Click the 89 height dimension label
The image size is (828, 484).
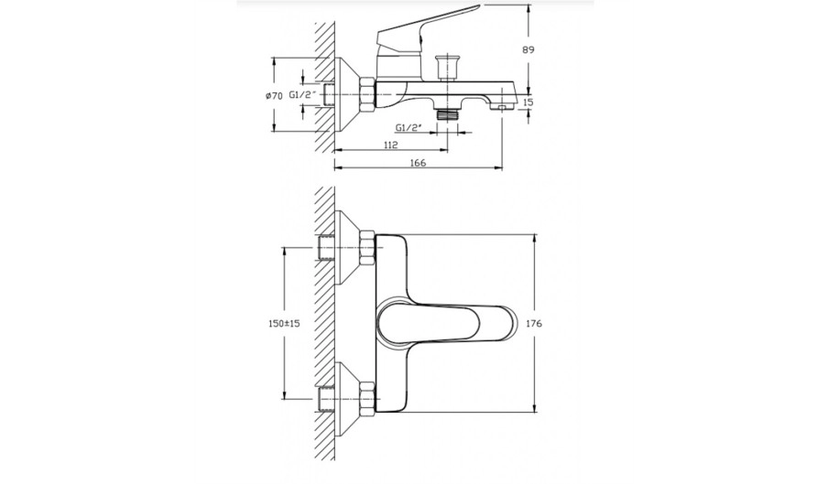pos(528,50)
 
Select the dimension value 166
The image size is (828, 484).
pos(418,163)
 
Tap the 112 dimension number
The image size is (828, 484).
pos(390,145)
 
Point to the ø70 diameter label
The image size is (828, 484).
pos(273,95)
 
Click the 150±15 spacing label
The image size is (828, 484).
pos(284,323)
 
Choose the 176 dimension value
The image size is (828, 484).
pos(534,323)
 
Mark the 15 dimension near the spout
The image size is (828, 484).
pos(528,102)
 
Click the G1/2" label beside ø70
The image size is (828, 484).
pos(302,95)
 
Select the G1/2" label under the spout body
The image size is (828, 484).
pos(409,127)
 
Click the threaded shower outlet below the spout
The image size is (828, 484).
pos(447,113)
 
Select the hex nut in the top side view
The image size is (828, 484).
pos(367,95)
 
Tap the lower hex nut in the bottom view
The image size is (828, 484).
pos(367,397)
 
